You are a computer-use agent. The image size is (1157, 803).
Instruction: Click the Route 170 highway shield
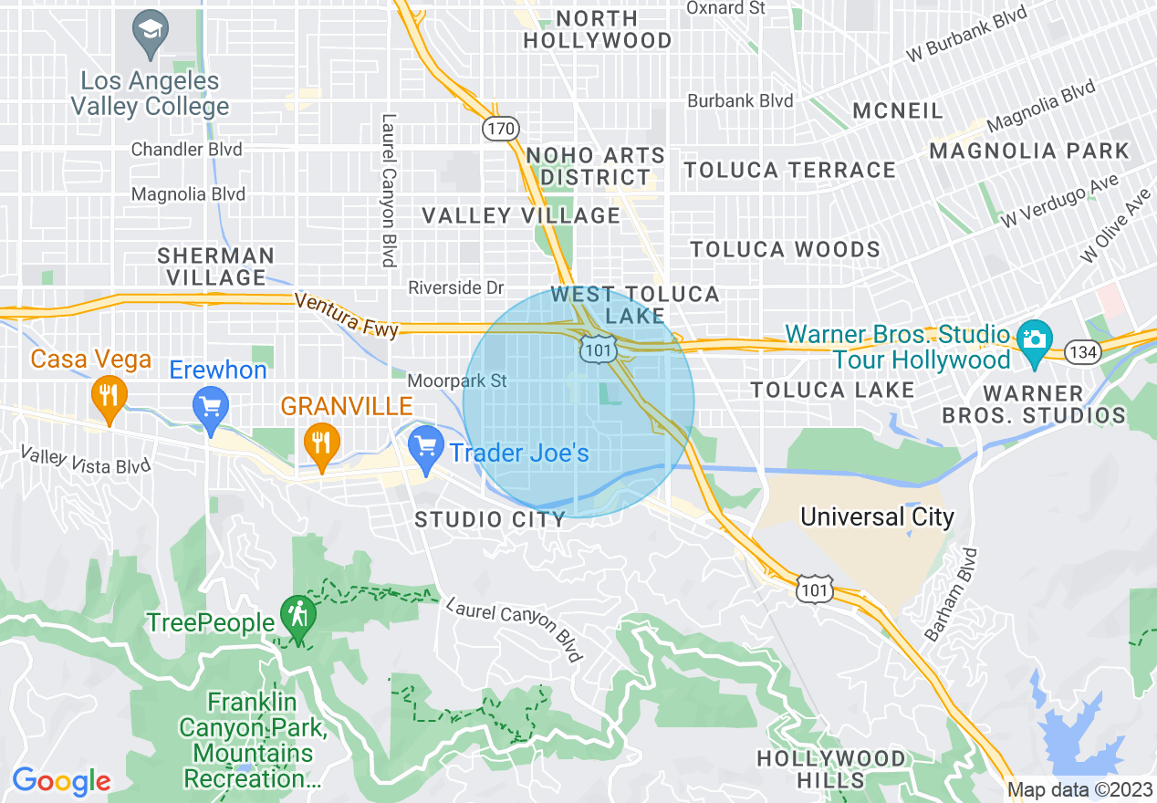[500, 129]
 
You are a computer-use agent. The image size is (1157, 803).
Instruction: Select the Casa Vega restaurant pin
[109, 397]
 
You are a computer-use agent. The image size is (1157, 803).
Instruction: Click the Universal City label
[877, 517]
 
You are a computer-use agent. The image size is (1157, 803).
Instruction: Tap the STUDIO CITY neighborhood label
[490, 520]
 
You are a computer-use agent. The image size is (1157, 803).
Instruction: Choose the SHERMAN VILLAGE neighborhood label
[215, 266]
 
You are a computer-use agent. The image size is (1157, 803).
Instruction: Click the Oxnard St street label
[725, 8]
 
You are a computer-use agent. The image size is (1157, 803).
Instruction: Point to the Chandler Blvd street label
[187, 149]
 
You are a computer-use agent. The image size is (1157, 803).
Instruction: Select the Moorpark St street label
[457, 381]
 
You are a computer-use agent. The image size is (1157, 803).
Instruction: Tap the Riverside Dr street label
[455, 287]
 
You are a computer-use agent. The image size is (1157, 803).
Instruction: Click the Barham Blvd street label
[951, 593]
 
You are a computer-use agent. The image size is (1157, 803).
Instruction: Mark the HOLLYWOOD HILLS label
[831, 769]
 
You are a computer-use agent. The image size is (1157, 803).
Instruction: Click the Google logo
[60, 781]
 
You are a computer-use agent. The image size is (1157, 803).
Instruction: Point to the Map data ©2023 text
[1079, 790]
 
